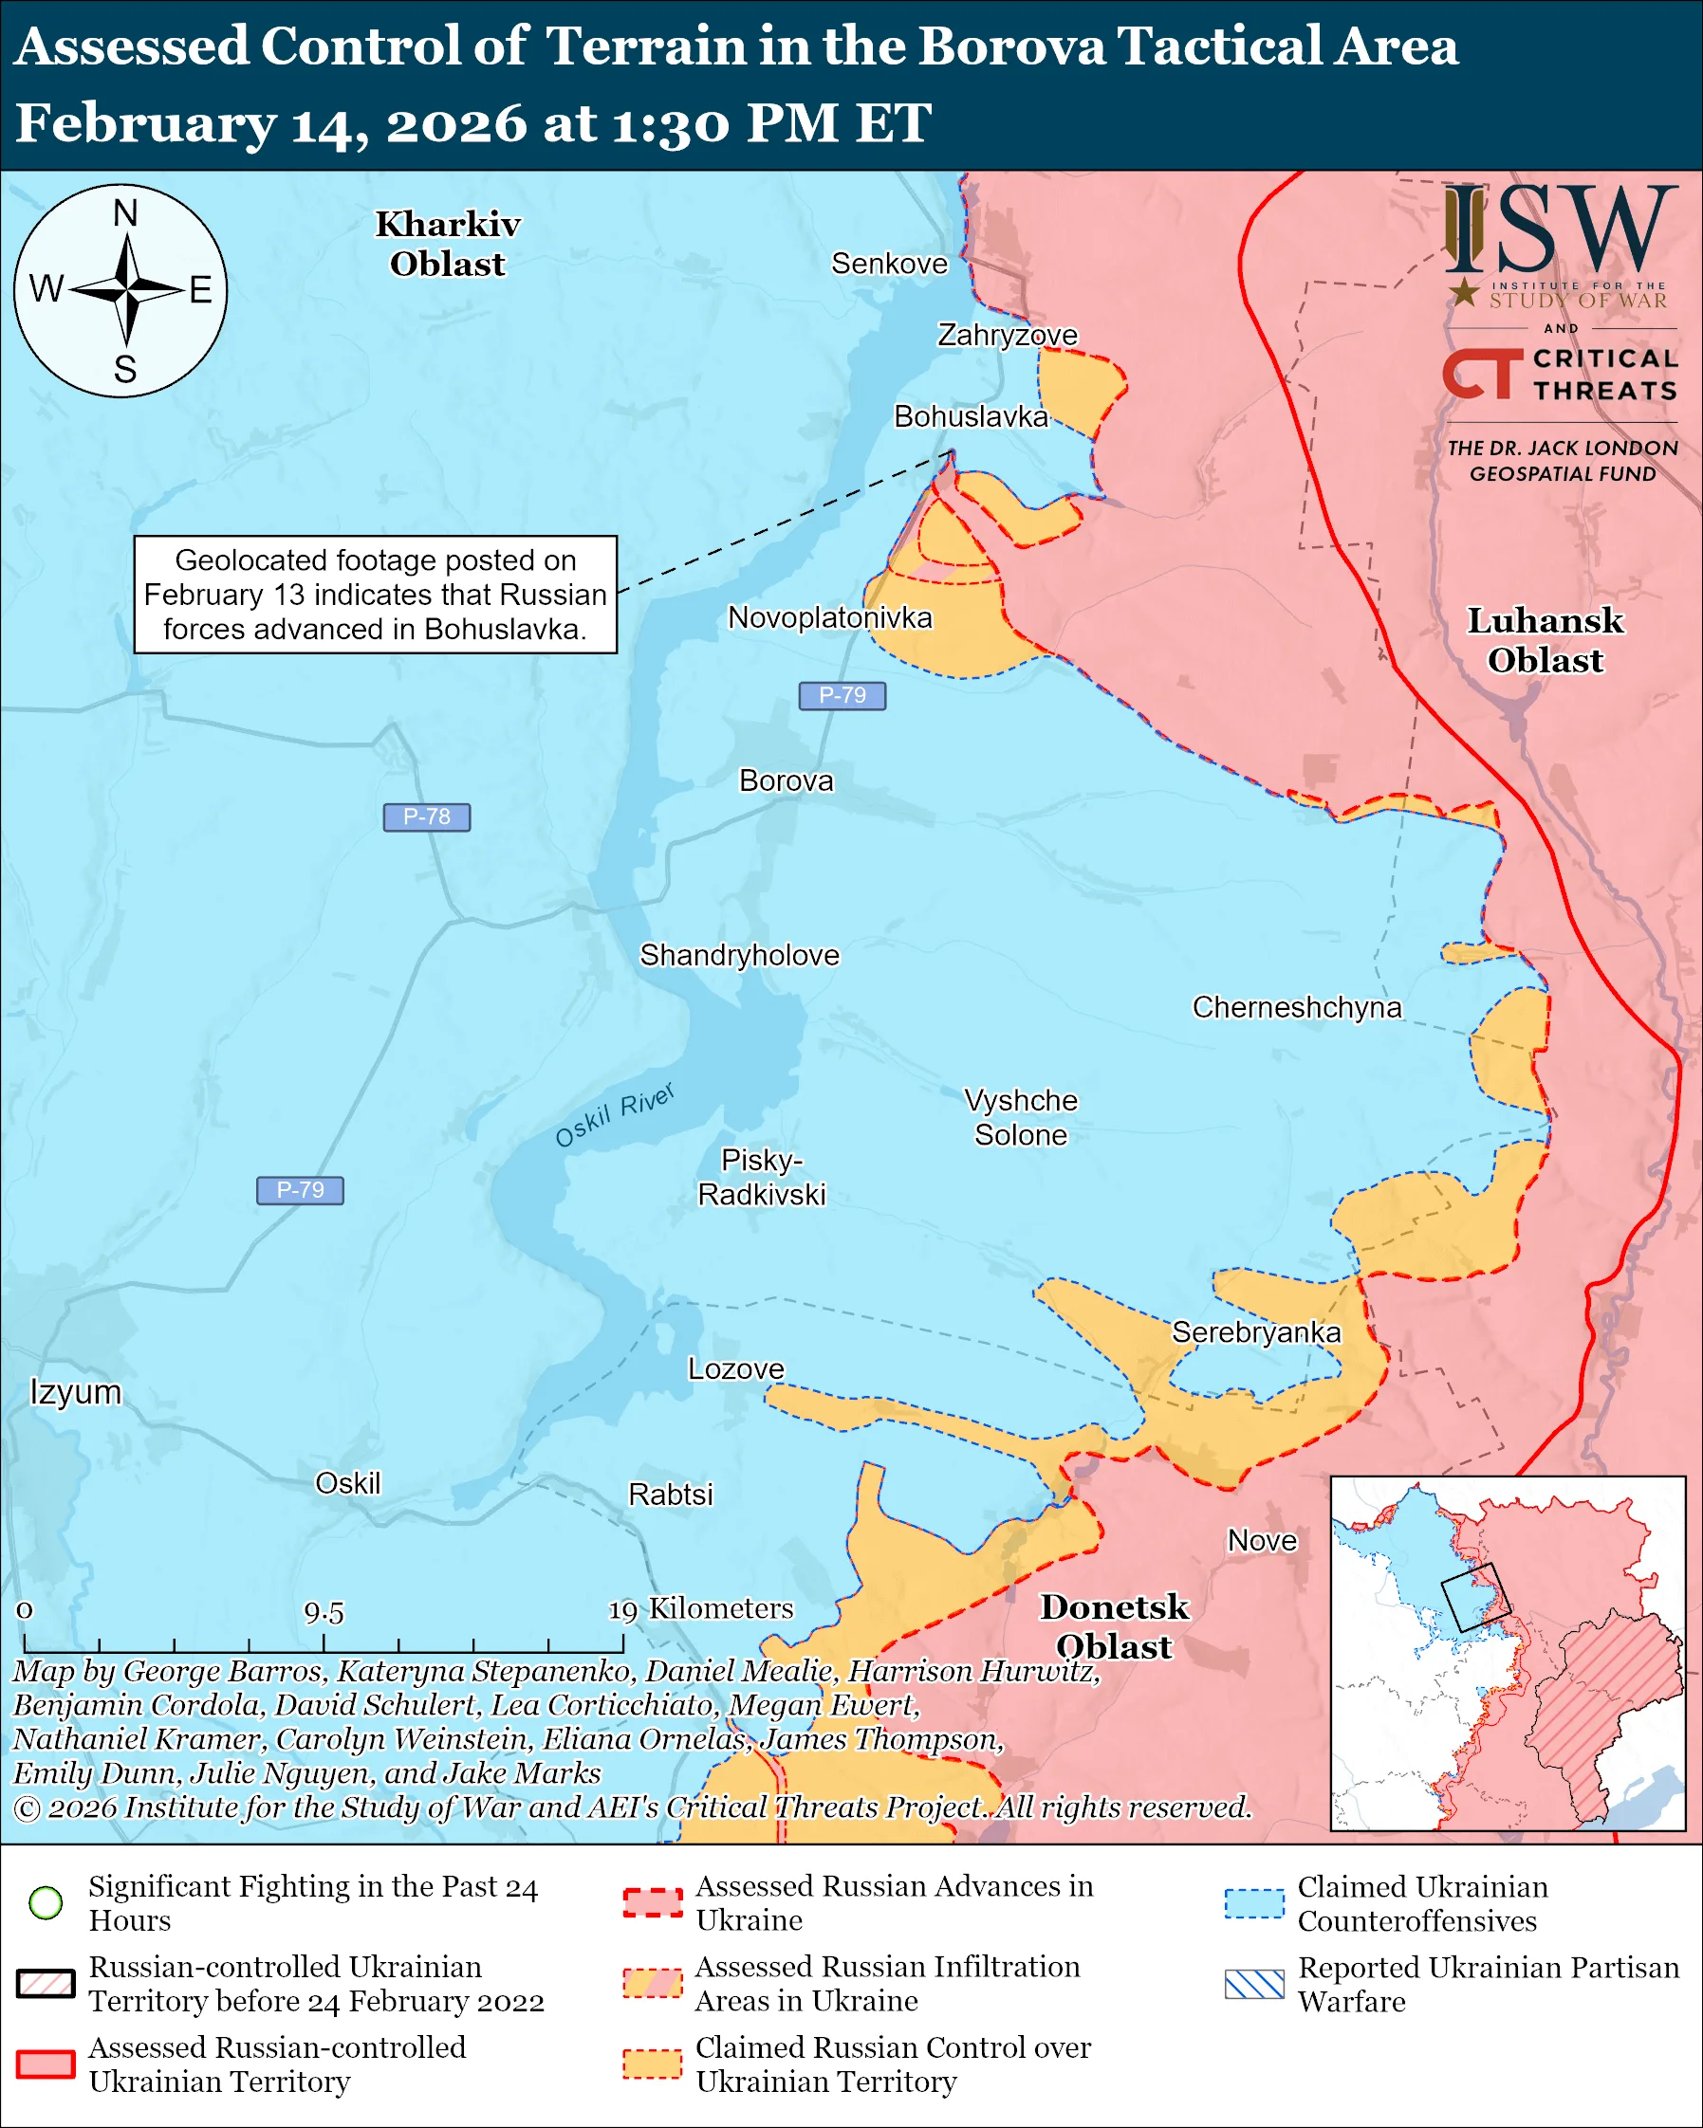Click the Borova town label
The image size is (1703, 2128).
tap(786, 780)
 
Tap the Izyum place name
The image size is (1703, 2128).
tap(76, 1393)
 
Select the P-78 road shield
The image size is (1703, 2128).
tap(427, 817)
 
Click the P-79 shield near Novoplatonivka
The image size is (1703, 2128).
tap(842, 696)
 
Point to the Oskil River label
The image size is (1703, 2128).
tap(614, 1115)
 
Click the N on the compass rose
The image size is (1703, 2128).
tap(125, 213)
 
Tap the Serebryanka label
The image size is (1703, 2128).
tap(1256, 1332)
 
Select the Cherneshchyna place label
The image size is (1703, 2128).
tap(1296, 1008)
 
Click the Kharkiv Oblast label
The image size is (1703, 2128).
tap(447, 244)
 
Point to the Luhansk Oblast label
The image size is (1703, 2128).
tap(1546, 639)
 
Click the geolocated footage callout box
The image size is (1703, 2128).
tap(375, 595)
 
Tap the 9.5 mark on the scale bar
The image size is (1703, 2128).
tap(324, 1613)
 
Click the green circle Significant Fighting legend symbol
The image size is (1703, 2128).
tap(46, 1902)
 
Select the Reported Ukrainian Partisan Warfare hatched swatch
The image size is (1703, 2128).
tap(1254, 1984)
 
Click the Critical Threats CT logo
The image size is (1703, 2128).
tap(1481, 374)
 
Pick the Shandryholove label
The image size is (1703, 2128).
tap(739, 956)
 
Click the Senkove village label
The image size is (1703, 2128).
tap(889, 264)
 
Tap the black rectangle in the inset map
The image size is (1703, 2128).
tap(1469, 1597)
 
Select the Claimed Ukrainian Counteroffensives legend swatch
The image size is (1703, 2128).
tap(1254, 1903)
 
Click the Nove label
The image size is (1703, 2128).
tap(1262, 1541)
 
